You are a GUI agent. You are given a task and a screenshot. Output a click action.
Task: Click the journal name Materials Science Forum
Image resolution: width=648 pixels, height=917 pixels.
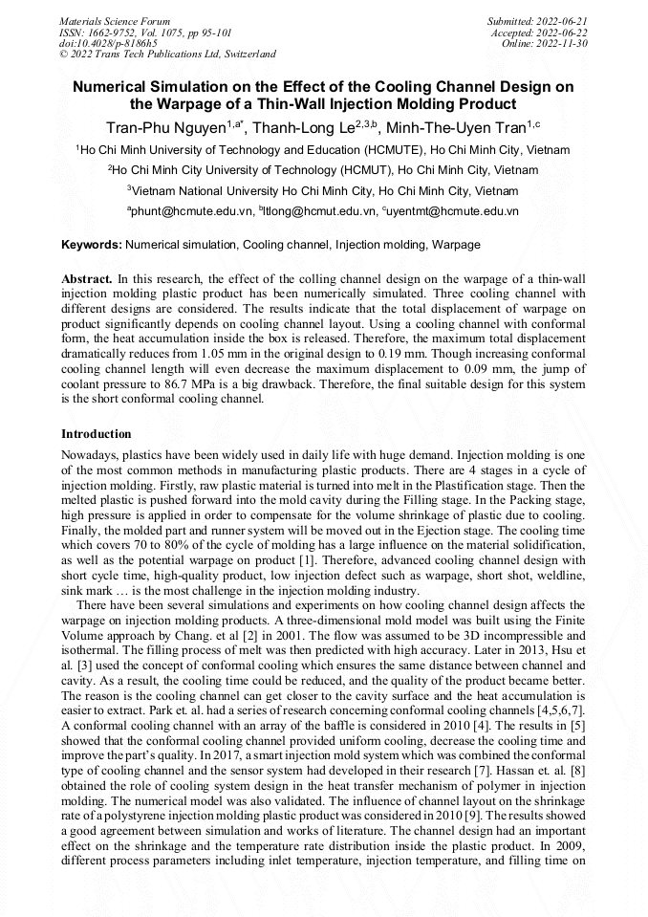pyautogui.click(x=115, y=20)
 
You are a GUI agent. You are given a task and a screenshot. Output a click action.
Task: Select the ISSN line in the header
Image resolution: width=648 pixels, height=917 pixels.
pyautogui.click(x=145, y=32)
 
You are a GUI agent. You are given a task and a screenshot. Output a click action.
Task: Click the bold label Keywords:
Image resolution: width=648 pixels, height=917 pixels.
pyautogui.click(x=91, y=245)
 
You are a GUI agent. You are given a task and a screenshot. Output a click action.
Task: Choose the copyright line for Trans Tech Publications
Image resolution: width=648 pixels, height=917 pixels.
pyautogui.click(x=167, y=55)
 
